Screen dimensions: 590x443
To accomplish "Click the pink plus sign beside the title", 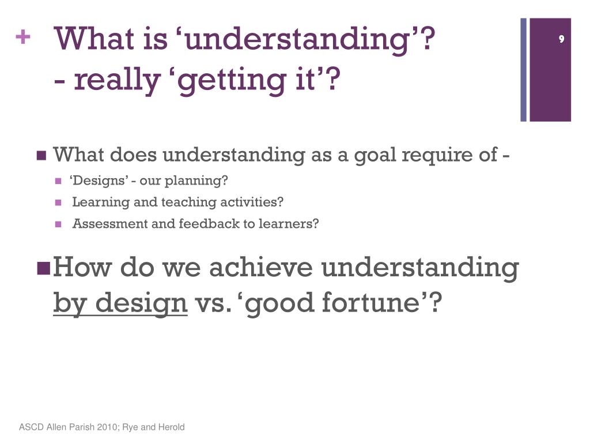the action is coord(23,37).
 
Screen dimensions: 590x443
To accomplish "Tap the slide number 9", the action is coord(561,39).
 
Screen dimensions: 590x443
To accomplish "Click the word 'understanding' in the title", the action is coord(297,40).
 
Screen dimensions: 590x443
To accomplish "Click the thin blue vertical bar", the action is coord(523,70).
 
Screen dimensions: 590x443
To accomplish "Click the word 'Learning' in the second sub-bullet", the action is coord(101,202).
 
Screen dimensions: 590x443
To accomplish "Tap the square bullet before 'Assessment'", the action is coord(58,224).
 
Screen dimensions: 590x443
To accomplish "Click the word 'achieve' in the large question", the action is coord(261,267).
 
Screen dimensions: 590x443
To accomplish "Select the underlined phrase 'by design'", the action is coord(120,303).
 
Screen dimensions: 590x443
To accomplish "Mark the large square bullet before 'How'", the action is coord(44,268).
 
